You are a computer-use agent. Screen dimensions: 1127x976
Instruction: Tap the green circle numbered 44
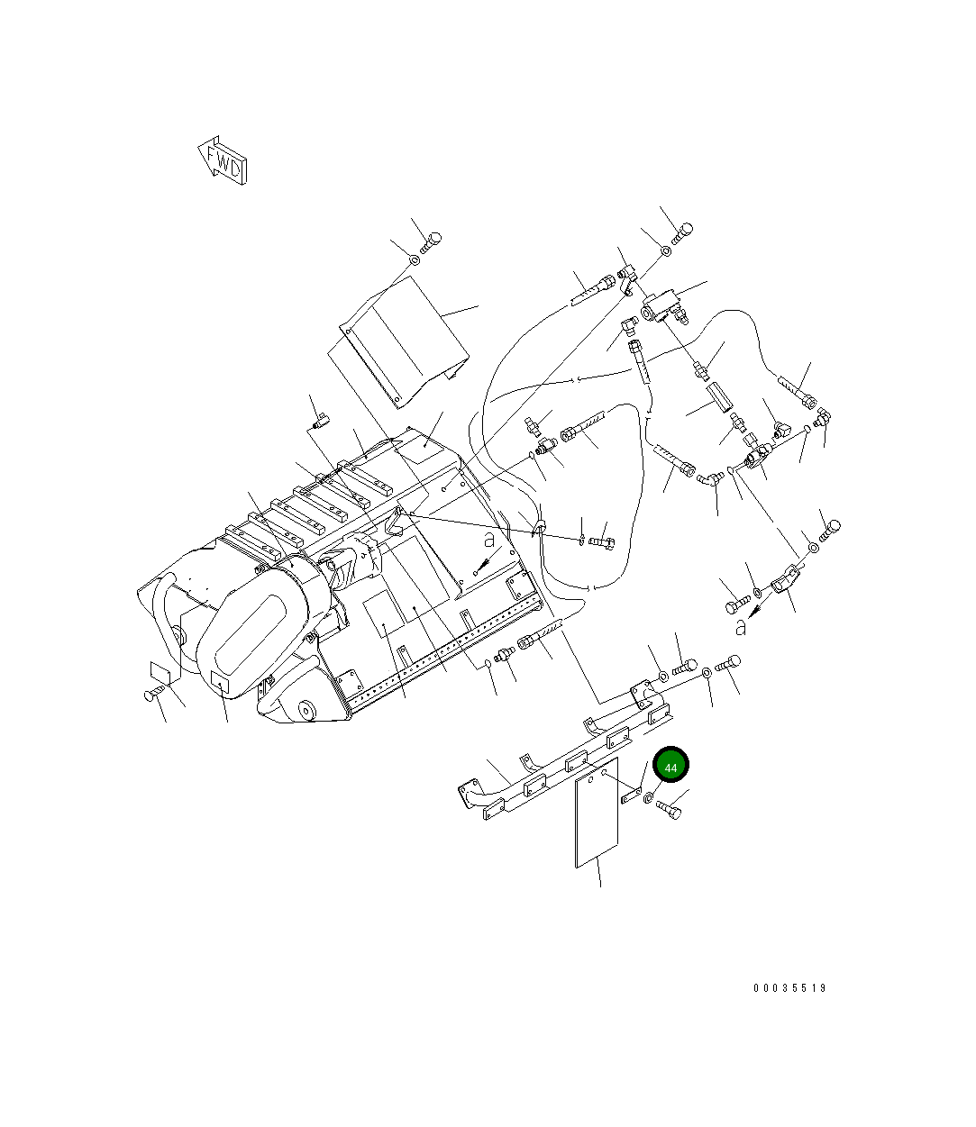[x=670, y=766]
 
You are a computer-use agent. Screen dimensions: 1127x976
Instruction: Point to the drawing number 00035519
[x=789, y=988]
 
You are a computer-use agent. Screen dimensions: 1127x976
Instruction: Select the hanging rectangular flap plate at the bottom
[x=597, y=813]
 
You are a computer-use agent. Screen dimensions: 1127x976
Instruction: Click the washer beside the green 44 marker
[x=649, y=797]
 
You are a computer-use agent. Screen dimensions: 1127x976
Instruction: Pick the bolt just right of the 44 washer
[x=670, y=812]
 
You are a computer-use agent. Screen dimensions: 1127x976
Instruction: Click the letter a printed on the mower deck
[x=488, y=541]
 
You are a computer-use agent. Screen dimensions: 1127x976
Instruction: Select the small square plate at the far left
[x=160, y=672]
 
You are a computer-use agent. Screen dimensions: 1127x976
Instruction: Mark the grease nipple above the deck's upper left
[x=318, y=421]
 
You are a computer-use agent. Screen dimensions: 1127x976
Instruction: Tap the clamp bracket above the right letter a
[x=787, y=578]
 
